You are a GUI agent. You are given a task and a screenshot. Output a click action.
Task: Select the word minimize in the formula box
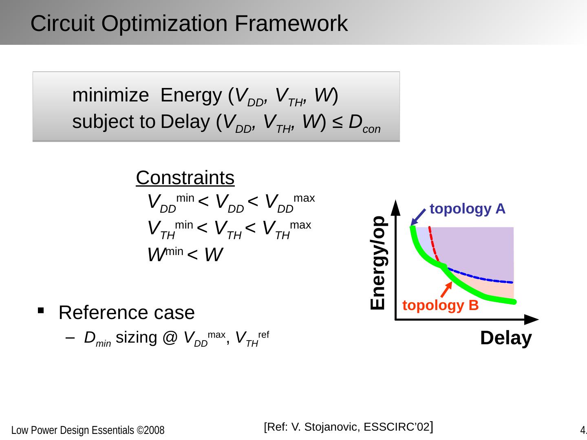pos(110,96)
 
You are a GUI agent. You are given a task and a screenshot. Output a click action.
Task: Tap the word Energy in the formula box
pos(192,96)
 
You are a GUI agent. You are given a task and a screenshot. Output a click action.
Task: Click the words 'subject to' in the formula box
pos(114,121)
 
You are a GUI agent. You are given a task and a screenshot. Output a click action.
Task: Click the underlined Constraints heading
pos(185,178)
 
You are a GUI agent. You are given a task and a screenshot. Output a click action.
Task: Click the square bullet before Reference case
pos(40,311)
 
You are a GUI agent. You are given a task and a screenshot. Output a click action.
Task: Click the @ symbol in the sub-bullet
pos(169,338)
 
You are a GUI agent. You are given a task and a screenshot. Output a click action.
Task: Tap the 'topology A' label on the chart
pos(467,209)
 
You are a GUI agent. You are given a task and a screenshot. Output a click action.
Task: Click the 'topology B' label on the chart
pos(440,305)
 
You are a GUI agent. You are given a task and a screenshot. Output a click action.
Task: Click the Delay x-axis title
pos(506,338)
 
